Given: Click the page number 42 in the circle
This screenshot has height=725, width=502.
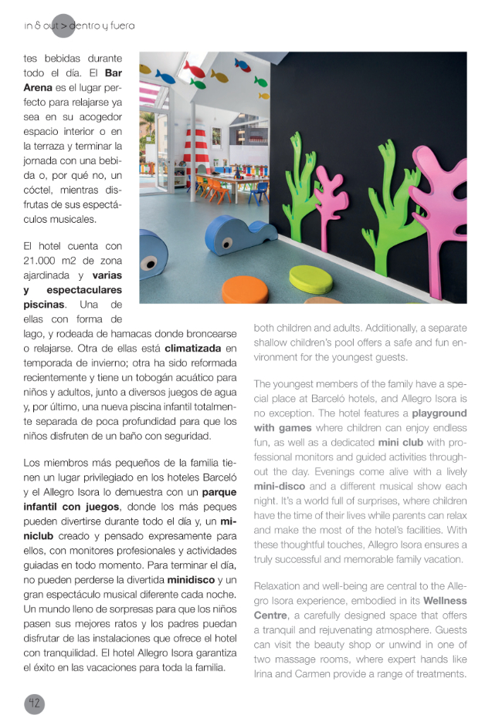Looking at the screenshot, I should (34, 703).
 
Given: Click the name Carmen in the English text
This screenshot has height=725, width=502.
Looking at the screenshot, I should (317, 673).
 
